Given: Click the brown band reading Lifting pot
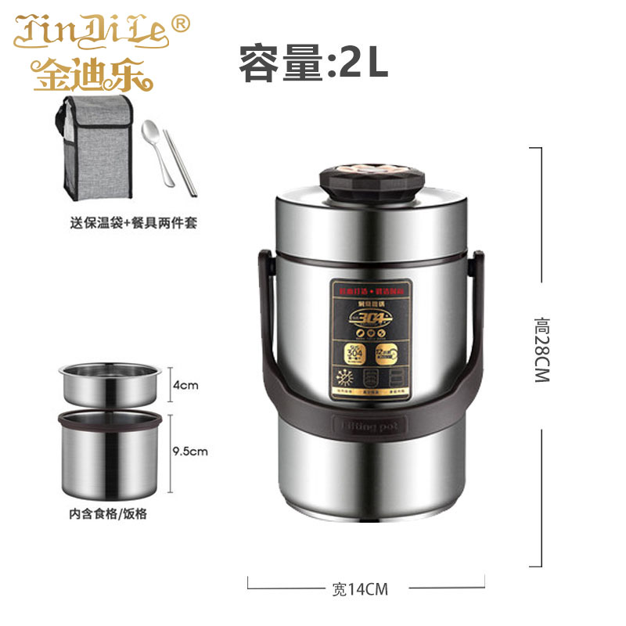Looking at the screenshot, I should click(370, 428).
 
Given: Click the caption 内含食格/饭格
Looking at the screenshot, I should click(108, 514).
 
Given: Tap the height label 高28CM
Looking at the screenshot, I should click(541, 348).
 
